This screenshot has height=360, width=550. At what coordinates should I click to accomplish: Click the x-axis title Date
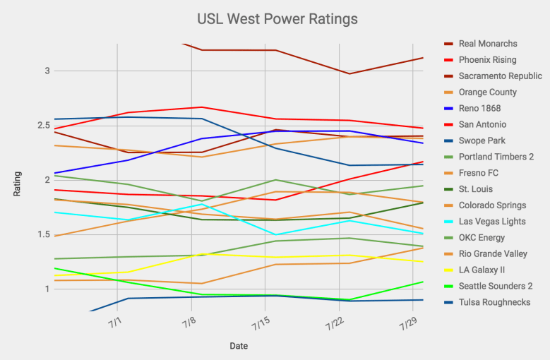click(238, 346)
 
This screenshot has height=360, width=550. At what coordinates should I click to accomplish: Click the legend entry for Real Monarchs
click(487, 44)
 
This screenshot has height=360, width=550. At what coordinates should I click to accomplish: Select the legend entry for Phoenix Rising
click(487, 60)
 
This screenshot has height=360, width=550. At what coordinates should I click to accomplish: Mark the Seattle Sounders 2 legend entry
click(495, 286)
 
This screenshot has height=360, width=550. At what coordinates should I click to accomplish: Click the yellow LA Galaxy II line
click(162, 261)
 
